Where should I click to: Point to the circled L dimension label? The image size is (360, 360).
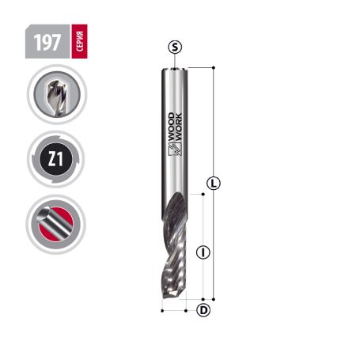[x=213, y=184]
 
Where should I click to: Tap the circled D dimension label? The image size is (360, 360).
[x=203, y=310]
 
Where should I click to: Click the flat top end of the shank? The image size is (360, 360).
[x=174, y=69]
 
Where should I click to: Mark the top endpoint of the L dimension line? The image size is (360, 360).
[x=213, y=68]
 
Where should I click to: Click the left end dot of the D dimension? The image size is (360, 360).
[x=161, y=310]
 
